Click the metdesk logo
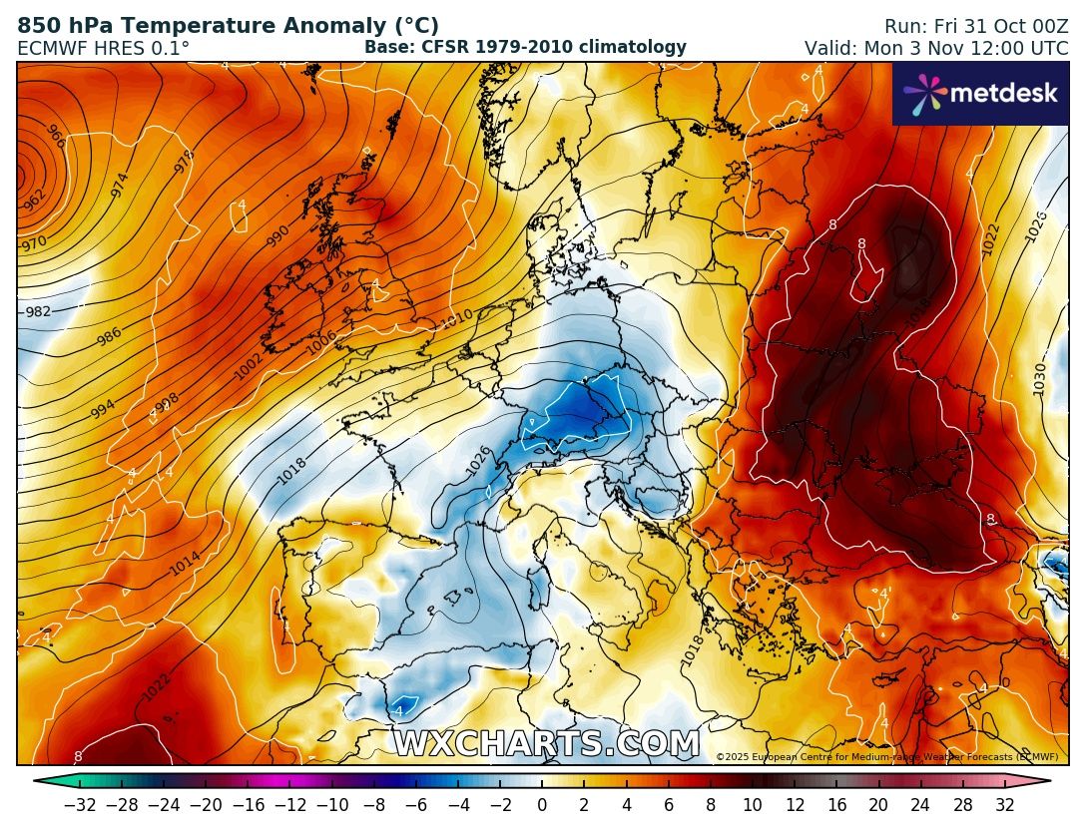tap(980, 94)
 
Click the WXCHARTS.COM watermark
tap(546, 744)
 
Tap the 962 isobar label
tap(34, 201)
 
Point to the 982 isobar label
tap(38, 311)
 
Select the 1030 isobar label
tap(1040, 379)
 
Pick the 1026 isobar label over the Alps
tap(479, 460)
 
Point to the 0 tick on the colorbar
tap(542, 804)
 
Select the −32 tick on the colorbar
tap(79, 804)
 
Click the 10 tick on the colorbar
tap(752, 804)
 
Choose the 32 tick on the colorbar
tap(1004, 804)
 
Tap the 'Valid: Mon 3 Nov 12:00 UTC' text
tap(936, 48)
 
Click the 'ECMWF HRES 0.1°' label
tap(104, 48)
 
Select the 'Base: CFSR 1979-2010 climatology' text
tap(525, 47)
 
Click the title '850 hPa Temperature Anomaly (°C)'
tap(229, 26)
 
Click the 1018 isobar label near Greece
tap(693, 650)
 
